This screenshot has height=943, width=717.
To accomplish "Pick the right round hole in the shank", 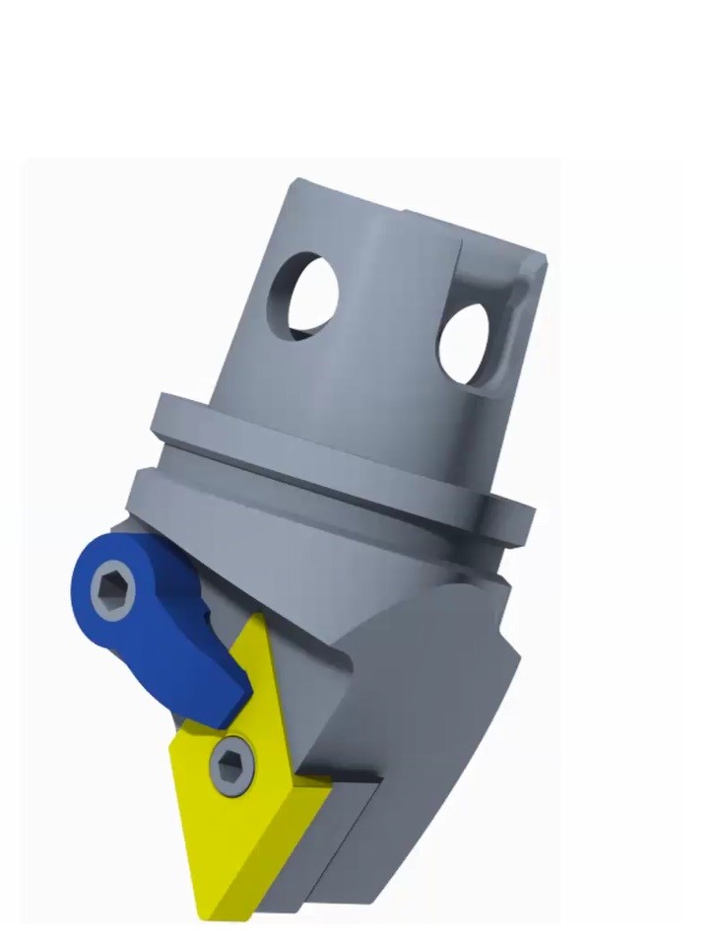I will click(465, 344).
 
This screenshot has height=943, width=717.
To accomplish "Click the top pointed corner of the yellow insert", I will click(258, 620).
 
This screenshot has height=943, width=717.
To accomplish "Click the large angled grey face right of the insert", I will click(433, 690).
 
